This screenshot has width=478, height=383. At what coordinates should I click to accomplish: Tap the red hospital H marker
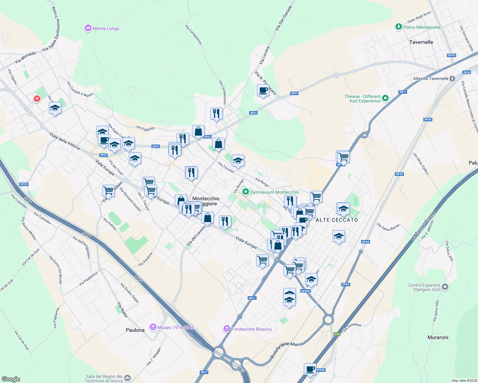tap(37, 99)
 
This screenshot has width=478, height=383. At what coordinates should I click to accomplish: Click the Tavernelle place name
tap(421, 42)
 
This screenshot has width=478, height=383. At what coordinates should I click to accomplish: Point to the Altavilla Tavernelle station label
tap(431, 79)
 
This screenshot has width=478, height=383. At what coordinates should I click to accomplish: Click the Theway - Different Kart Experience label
tap(363, 99)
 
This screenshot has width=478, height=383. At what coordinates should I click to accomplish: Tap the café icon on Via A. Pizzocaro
tap(263, 90)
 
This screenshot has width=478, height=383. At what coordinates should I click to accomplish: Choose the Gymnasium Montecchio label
tap(274, 192)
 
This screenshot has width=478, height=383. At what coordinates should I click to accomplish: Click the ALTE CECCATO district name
tap(337, 220)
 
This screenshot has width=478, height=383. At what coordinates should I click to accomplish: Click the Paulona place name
tap(135, 330)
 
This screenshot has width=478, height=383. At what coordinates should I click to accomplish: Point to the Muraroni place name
tap(438, 337)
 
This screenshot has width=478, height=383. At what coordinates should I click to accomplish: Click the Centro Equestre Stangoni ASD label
tap(424, 288)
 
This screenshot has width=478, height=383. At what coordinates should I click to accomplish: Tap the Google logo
tap(11, 379)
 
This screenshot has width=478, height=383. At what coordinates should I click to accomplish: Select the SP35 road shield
tap(451, 55)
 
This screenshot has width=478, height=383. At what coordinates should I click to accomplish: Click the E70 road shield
tap(337, 334)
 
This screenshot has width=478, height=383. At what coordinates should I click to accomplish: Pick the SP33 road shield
tap(24, 184)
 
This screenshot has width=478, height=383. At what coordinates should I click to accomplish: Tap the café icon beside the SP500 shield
tap(310, 369)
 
